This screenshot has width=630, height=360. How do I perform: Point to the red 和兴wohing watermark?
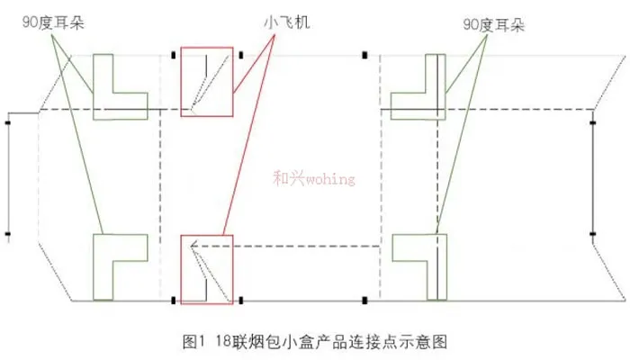314,178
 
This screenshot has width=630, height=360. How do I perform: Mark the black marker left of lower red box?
173,300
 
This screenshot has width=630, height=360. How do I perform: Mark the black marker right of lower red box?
241,300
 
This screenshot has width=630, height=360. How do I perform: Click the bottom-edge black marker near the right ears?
364,300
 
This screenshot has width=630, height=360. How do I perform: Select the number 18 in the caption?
223,342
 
